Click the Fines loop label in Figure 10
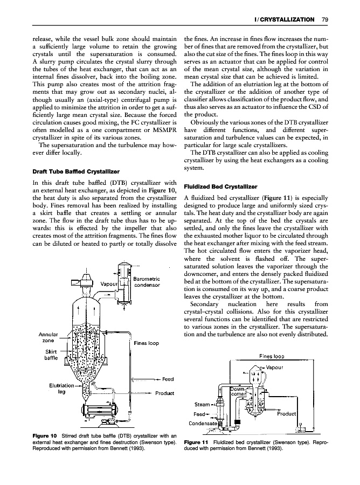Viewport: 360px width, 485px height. pos(146,343)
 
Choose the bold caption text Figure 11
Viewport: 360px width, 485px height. pos(196,449)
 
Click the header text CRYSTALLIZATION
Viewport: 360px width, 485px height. pos(289,20)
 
